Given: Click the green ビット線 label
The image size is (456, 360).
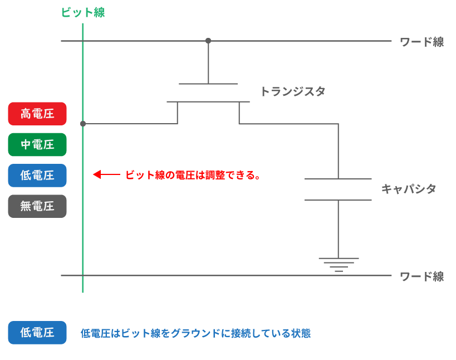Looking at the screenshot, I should [x=83, y=13].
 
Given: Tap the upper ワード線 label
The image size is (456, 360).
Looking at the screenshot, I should [x=421, y=42].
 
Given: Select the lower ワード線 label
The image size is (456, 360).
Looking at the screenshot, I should [x=421, y=276].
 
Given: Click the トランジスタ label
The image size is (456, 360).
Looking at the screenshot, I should [x=292, y=91].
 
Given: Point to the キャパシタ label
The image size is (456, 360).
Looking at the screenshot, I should [x=408, y=189].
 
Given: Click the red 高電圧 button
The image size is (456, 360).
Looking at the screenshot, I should [x=37, y=114].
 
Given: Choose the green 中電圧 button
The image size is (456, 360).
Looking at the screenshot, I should [x=37, y=145].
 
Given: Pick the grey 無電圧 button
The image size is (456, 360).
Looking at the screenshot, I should [x=37, y=206].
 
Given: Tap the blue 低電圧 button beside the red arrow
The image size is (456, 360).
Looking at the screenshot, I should [x=37, y=176].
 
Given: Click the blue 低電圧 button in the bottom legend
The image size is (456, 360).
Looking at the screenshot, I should [x=37, y=333].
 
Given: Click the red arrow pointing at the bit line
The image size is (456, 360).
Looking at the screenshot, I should [x=106, y=175].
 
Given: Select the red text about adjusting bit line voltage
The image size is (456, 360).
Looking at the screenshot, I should [x=193, y=175].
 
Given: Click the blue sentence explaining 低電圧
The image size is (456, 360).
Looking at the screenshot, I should [x=195, y=334].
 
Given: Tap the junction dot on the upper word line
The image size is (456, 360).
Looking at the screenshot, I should [x=208, y=41].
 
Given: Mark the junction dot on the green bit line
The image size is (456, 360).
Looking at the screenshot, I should [x=83, y=124].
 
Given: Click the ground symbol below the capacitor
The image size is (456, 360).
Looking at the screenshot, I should [x=339, y=263].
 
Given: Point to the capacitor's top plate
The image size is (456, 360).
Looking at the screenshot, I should [x=338, y=179].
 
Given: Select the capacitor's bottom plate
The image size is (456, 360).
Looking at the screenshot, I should [x=338, y=200].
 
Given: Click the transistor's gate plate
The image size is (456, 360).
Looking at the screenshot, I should [x=208, y=84].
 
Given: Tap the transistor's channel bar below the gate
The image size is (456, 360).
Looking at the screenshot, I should [x=208, y=101].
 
